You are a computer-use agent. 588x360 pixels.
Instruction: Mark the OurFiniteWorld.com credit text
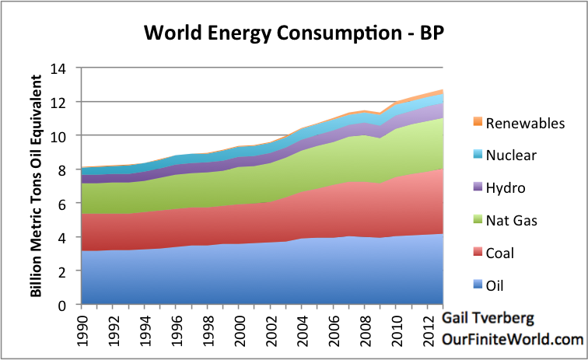coord(512,340)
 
